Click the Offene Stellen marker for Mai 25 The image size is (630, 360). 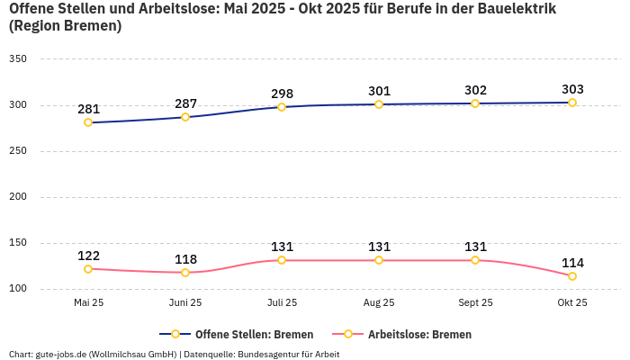88,122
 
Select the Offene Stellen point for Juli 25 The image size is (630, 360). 282,107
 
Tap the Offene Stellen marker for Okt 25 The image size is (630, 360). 572,103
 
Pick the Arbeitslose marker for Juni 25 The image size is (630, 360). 185,273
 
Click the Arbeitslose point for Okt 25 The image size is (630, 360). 572,276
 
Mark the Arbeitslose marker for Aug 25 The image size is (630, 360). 379,260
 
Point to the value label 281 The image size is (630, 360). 88,109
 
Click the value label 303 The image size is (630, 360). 572,89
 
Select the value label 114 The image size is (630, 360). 572,263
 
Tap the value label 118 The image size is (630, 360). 185,259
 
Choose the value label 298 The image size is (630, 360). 282,94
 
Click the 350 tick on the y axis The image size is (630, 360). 17,59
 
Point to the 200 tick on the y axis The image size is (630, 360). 17,197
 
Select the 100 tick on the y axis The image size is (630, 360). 17,289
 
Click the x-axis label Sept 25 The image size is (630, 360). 475,303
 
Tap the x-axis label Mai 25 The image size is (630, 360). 88,303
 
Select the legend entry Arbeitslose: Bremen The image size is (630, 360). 419,334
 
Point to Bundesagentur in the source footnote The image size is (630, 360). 269,355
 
